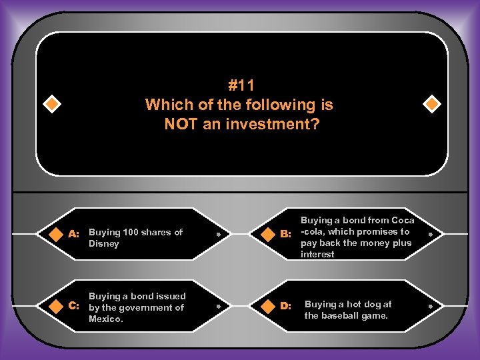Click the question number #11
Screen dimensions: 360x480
[x=241, y=86]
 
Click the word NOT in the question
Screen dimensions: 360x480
[x=181, y=123]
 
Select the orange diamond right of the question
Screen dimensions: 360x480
[x=431, y=105]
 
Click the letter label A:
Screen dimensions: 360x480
[x=74, y=233]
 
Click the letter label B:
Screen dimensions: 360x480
[x=286, y=233]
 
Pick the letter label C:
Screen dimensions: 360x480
[x=74, y=305]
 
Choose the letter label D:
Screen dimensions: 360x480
[x=286, y=305]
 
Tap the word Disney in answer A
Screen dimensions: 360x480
[x=104, y=244]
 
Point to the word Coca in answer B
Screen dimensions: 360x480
[x=403, y=220]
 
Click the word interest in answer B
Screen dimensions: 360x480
[x=317, y=255]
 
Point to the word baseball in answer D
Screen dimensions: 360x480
[x=340, y=315]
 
